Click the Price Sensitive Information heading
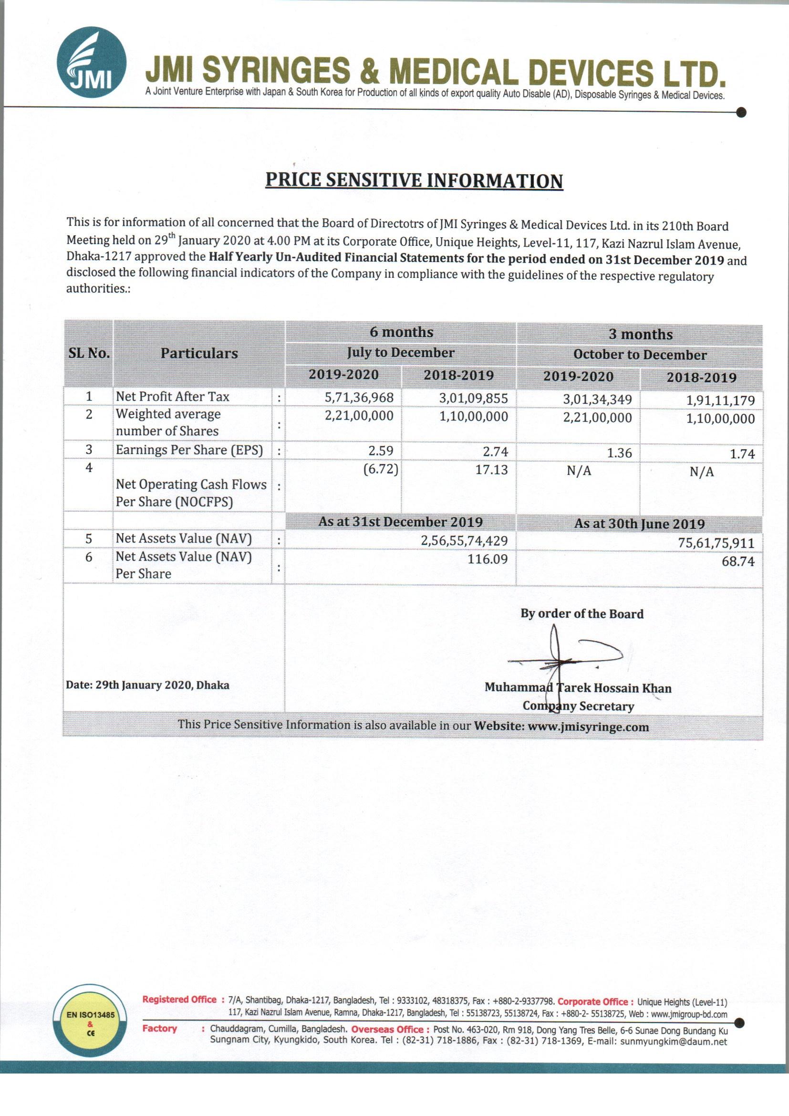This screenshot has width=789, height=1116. (x=414, y=180)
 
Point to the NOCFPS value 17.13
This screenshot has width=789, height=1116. (x=492, y=470)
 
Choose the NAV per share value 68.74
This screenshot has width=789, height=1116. (x=738, y=561)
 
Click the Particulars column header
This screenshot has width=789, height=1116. (x=199, y=353)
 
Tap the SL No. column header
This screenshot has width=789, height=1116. (x=89, y=353)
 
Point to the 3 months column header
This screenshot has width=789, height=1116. (x=640, y=335)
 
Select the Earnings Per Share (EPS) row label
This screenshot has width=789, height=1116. (x=189, y=450)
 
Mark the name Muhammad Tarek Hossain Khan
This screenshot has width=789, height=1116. (x=578, y=688)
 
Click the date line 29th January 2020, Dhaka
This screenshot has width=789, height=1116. (x=148, y=685)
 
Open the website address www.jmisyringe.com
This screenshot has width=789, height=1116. (x=588, y=727)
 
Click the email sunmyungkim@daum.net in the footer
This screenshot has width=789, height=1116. (x=674, y=1041)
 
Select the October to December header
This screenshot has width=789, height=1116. (x=640, y=355)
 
